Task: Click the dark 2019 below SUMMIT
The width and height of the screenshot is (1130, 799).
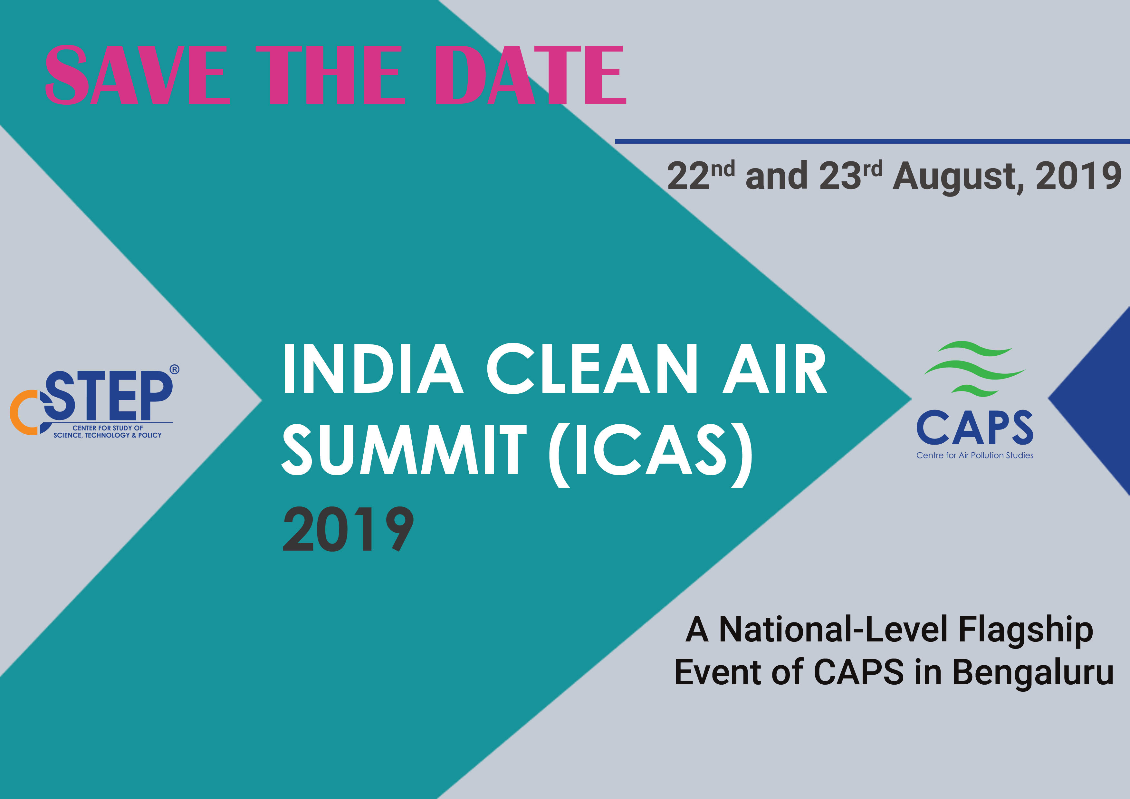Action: point(348,529)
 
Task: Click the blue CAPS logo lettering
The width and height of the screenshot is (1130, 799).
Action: point(974,427)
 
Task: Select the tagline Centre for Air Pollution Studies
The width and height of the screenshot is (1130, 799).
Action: point(974,455)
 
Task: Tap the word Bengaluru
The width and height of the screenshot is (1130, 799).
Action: point(1032,672)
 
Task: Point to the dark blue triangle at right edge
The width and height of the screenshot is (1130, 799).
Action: point(1100,401)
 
